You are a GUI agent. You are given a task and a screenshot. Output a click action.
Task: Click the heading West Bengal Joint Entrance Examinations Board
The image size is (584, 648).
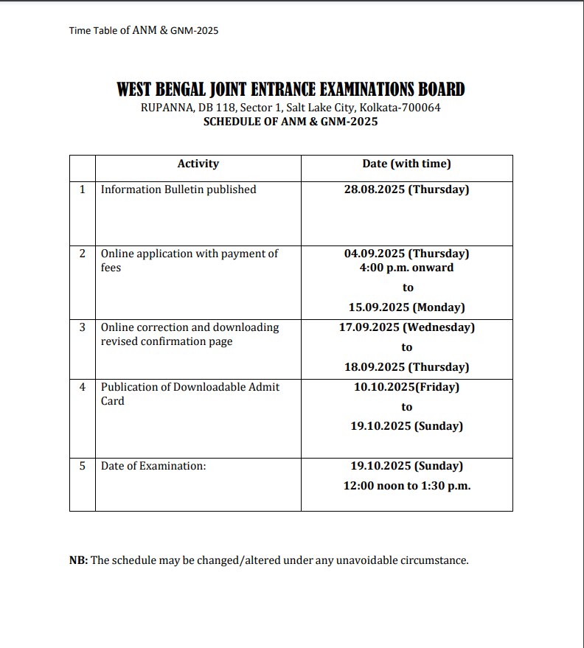pyautogui.click(x=291, y=90)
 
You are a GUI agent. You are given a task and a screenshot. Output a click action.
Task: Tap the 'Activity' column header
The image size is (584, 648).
pyautogui.click(x=198, y=164)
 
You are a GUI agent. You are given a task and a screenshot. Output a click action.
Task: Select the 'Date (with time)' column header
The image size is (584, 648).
pyautogui.click(x=406, y=164)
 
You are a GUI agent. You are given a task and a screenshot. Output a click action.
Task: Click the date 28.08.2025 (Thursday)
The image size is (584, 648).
pyautogui.click(x=406, y=189)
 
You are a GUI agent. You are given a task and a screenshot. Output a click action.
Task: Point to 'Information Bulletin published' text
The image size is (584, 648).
pyautogui.click(x=178, y=189)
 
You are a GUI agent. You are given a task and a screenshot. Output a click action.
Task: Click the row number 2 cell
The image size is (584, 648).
pyautogui.click(x=83, y=253)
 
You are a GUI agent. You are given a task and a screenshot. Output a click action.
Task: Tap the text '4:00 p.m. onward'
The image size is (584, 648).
pyautogui.click(x=406, y=268)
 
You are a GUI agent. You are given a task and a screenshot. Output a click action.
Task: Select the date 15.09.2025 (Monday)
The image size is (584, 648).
pyautogui.click(x=406, y=307)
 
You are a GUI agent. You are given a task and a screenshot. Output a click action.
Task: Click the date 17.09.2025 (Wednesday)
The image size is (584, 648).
pyautogui.click(x=406, y=327)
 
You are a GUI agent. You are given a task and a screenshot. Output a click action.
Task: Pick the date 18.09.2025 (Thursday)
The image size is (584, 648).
pyautogui.click(x=406, y=366)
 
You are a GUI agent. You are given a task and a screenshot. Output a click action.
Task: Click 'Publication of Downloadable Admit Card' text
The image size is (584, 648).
pyautogui.click(x=190, y=394)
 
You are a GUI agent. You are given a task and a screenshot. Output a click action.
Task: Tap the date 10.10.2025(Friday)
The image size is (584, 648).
pyautogui.click(x=406, y=386)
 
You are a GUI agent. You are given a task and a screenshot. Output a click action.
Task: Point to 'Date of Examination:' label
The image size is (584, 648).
pyautogui.click(x=153, y=466)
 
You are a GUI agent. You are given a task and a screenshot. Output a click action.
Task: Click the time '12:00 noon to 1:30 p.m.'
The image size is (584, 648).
pyautogui.click(x=406, y=486)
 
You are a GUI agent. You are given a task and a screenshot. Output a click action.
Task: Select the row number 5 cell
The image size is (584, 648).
pyautogui.click(x=83, y=466)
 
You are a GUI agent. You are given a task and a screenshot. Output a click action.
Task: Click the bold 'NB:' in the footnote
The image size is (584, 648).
pyautogui.click(x=78, y=560)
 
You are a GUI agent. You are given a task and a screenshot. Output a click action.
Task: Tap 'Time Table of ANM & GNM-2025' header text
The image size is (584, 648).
pyautogui.click(x=144, y=30)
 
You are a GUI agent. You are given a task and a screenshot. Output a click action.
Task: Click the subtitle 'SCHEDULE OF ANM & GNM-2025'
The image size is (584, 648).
pyautogui.click(x=291, y=122)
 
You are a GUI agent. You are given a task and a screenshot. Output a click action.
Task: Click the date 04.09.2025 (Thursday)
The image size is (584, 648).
pyautogui.click(x=406, y=253)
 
